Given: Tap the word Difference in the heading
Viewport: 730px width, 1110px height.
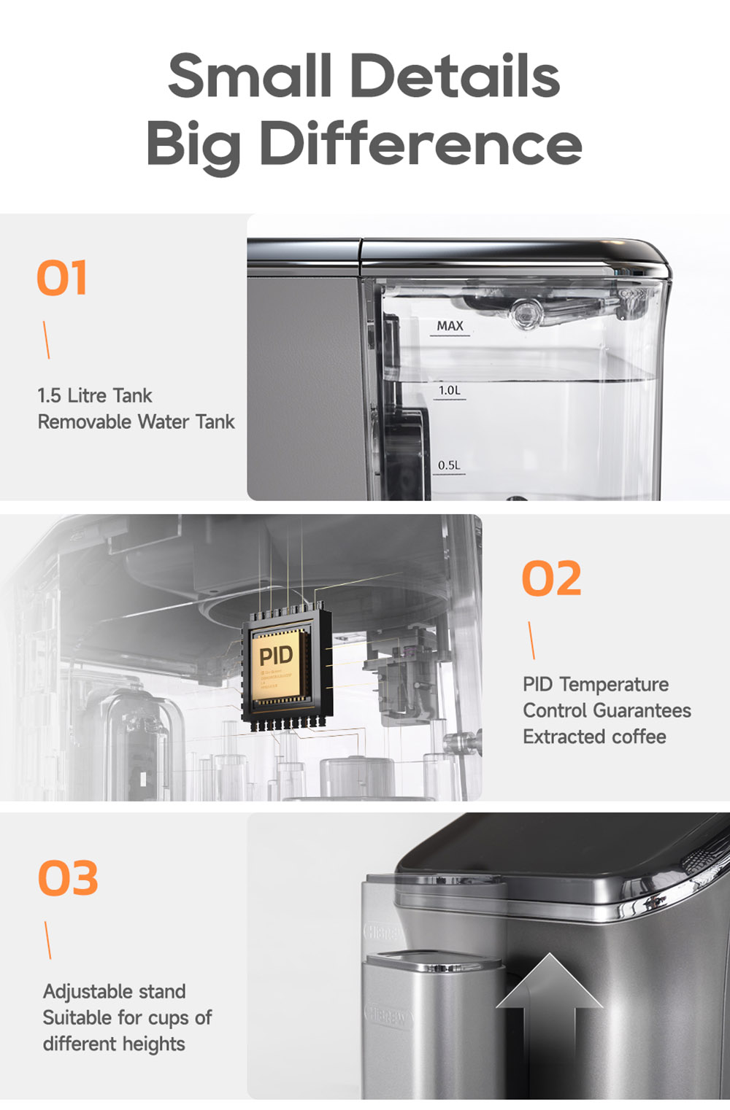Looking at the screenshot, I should pyautogui.click(x=420, y=144).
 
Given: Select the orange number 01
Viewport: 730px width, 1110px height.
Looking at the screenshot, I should pyautogui.click(x=62, y=278).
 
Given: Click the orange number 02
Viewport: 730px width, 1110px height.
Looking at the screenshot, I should pyautogui.click(x=552, y=579).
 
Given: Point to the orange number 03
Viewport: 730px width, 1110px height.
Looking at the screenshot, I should pyautogui.click(x=68, y=878).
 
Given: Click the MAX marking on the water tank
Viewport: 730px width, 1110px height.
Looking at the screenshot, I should pyautogui.click(x=450, y=326).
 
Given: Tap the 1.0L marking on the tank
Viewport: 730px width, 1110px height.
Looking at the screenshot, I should pyautogui.click(x=450, y=391).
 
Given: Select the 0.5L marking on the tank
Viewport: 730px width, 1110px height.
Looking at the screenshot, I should pyautogui.click(x=449, y=465).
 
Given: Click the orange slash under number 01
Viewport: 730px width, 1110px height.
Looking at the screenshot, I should pyautogui.click(x=46, y=340).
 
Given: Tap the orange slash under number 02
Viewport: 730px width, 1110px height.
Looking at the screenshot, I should pyautogui.click(x=531, y=640).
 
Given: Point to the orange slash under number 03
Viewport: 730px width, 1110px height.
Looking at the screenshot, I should pyautogui.click(x=48, y=940).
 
